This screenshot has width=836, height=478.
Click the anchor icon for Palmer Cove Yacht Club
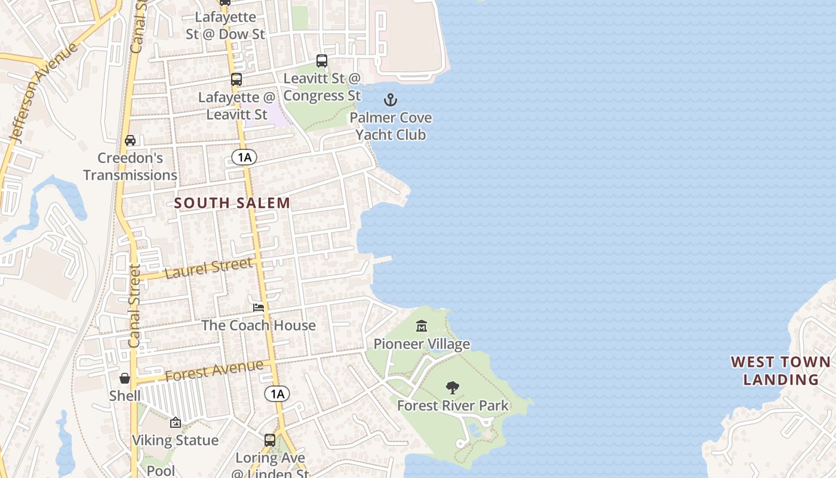click(x=391, y=100)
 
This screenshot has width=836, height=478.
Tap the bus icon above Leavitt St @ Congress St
click(x=322, y=60)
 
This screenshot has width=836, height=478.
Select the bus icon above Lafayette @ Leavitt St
click(x=236, y=79)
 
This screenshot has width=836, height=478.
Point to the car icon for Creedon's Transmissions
click(x=130, y=140)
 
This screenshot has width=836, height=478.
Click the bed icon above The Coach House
click(x=259, y=307)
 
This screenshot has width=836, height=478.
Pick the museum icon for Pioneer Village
click(x=422, y=326)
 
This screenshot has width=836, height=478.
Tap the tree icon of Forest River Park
click(x=453, y=387)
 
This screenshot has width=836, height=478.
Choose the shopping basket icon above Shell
click(x=125, y=378)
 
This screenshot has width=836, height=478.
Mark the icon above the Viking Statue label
click(x=176, y=422)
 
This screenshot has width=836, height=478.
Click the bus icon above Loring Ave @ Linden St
click(x=270, y=440)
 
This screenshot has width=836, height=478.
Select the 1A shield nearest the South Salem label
click(x=244, y=157)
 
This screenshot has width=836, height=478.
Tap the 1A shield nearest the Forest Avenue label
click(x=277, y=394)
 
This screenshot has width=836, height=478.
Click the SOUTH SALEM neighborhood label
click(x=232, y=203)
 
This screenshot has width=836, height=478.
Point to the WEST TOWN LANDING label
click(x=780, y=370)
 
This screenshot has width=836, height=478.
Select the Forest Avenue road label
click(x=214, y=370)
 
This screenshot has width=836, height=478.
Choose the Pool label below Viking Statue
click(x=161, y=470)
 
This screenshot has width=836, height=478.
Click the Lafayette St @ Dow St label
click(x=225, y=26)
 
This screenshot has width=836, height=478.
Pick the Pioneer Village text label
click(x=422, y=344)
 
